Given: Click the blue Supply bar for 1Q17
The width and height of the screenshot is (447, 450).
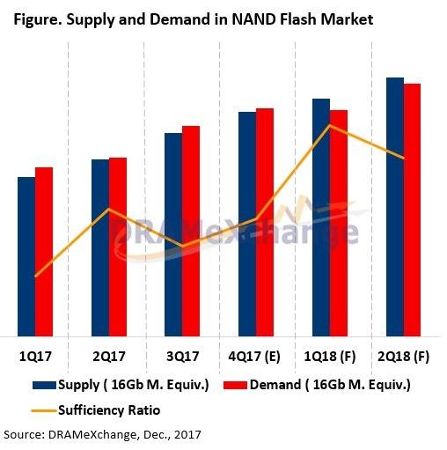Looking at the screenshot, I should [26, 255].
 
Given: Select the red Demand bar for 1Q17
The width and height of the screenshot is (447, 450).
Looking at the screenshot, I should [44, 251].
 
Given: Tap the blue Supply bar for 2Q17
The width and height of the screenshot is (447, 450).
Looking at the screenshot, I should [100, 247].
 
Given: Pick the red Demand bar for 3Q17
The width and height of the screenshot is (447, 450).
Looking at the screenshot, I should [191, 231].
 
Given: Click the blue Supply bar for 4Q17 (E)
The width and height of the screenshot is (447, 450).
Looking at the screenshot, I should [247, 224].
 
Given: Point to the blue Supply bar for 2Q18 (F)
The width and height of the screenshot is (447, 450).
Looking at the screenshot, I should [395, 206].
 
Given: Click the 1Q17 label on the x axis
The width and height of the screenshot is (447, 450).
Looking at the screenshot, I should [36, 358].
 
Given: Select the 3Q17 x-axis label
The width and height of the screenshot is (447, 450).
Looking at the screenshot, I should [182, 358].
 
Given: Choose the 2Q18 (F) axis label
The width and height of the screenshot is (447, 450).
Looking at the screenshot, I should [403, 358].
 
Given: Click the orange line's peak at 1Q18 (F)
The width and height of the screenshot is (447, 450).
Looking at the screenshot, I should [329, 125].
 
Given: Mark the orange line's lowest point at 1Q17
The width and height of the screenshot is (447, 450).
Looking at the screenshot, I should [35, 277].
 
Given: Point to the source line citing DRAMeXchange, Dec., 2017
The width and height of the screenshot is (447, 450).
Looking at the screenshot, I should [101, 435].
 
